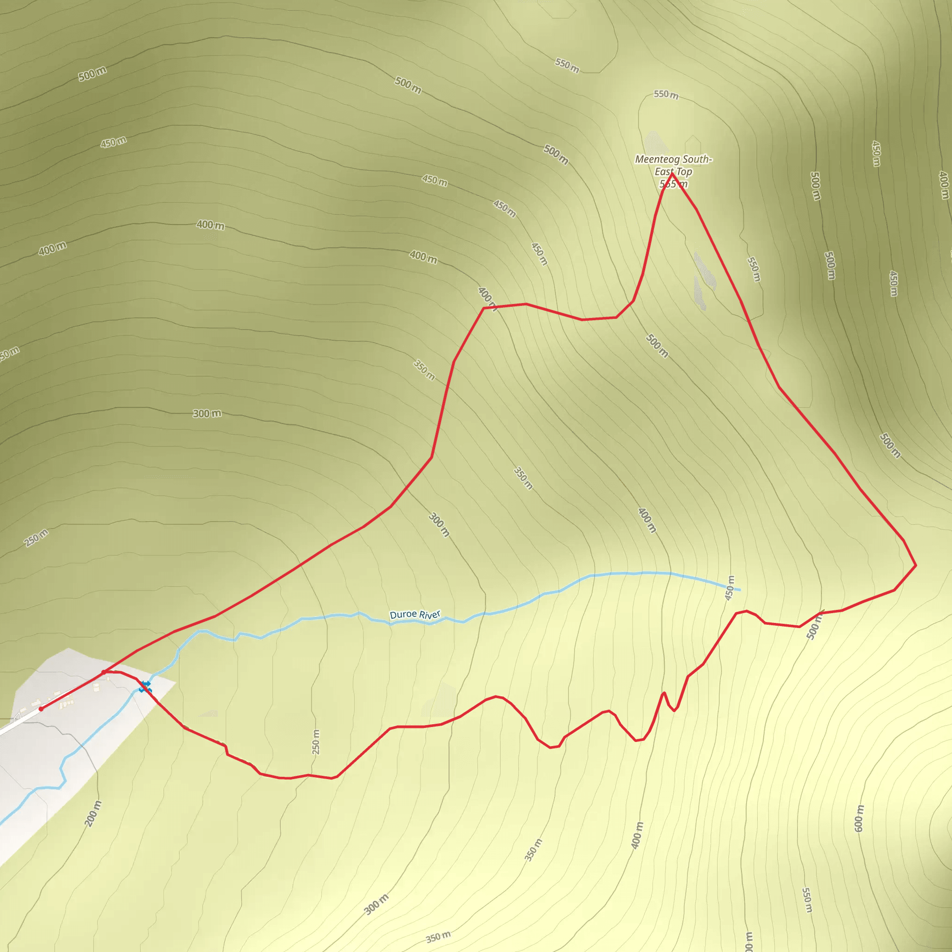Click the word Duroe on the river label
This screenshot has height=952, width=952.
(x=403, y=615)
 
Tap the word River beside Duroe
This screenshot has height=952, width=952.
(x=430, y=615)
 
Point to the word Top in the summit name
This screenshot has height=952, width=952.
(x=684, y=172)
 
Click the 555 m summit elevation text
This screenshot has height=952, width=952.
(x=673, y=184)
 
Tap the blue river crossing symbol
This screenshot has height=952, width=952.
(x=145, y=687)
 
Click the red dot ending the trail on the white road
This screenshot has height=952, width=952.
(x=41, y=708)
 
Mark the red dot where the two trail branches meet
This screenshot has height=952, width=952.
(x=104, y=672)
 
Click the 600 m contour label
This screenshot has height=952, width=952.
(x=859, y=819)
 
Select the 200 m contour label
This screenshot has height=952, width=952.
(x=93, y=813)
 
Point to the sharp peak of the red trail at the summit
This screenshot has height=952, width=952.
(x=672, y=173)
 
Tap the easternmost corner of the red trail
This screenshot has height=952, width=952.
(x=915, y=565)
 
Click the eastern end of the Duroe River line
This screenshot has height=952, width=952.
(x=739, y=590)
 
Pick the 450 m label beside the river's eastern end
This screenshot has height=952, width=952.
(x=730, y=588)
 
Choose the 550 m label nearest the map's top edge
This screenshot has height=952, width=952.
(x=567, y=65)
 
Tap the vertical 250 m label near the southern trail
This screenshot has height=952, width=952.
(x=316, y=741)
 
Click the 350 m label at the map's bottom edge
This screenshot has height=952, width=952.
(x=438, y=937)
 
